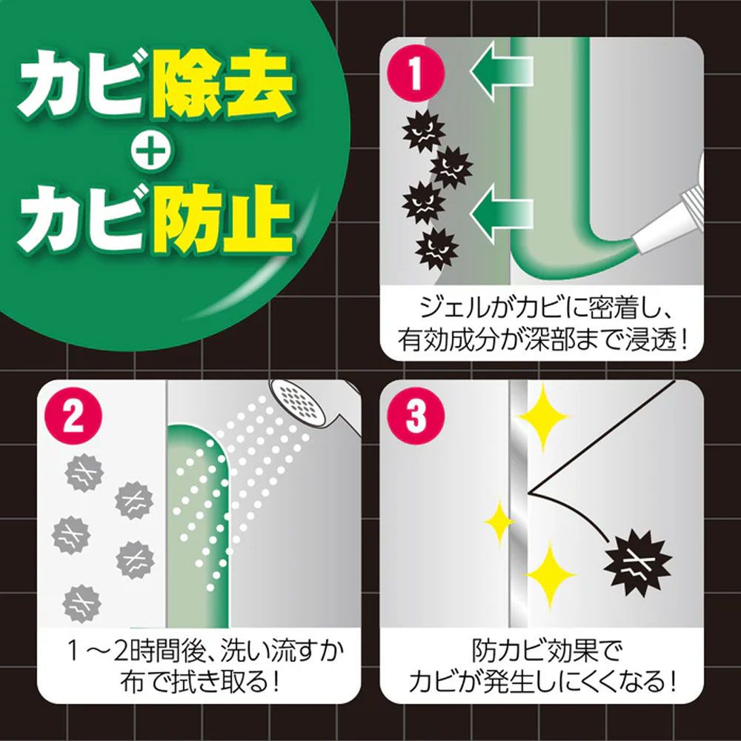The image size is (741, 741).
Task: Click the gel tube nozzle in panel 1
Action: pos(667,222)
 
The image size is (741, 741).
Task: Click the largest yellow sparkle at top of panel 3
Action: pos(543,416)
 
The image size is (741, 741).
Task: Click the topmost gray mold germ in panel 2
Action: pos(81,470)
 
